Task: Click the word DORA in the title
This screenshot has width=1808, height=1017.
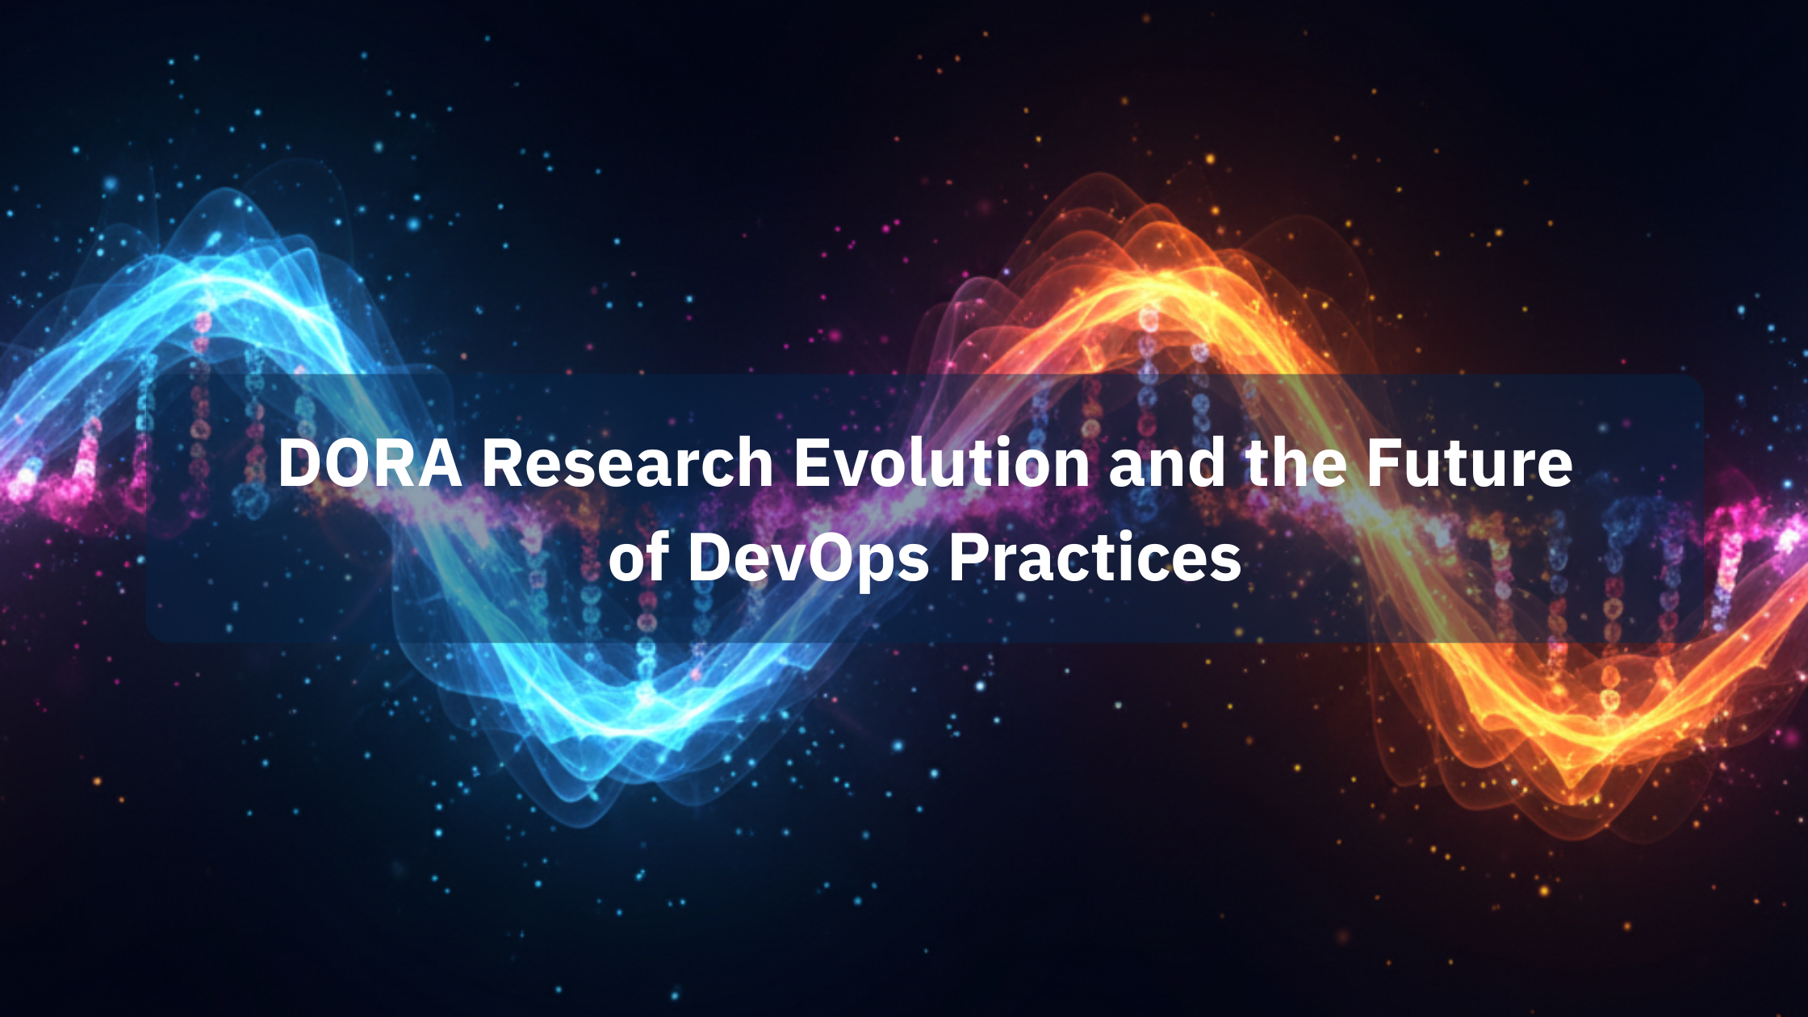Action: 370,463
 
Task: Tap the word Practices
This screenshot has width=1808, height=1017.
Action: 1095,557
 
